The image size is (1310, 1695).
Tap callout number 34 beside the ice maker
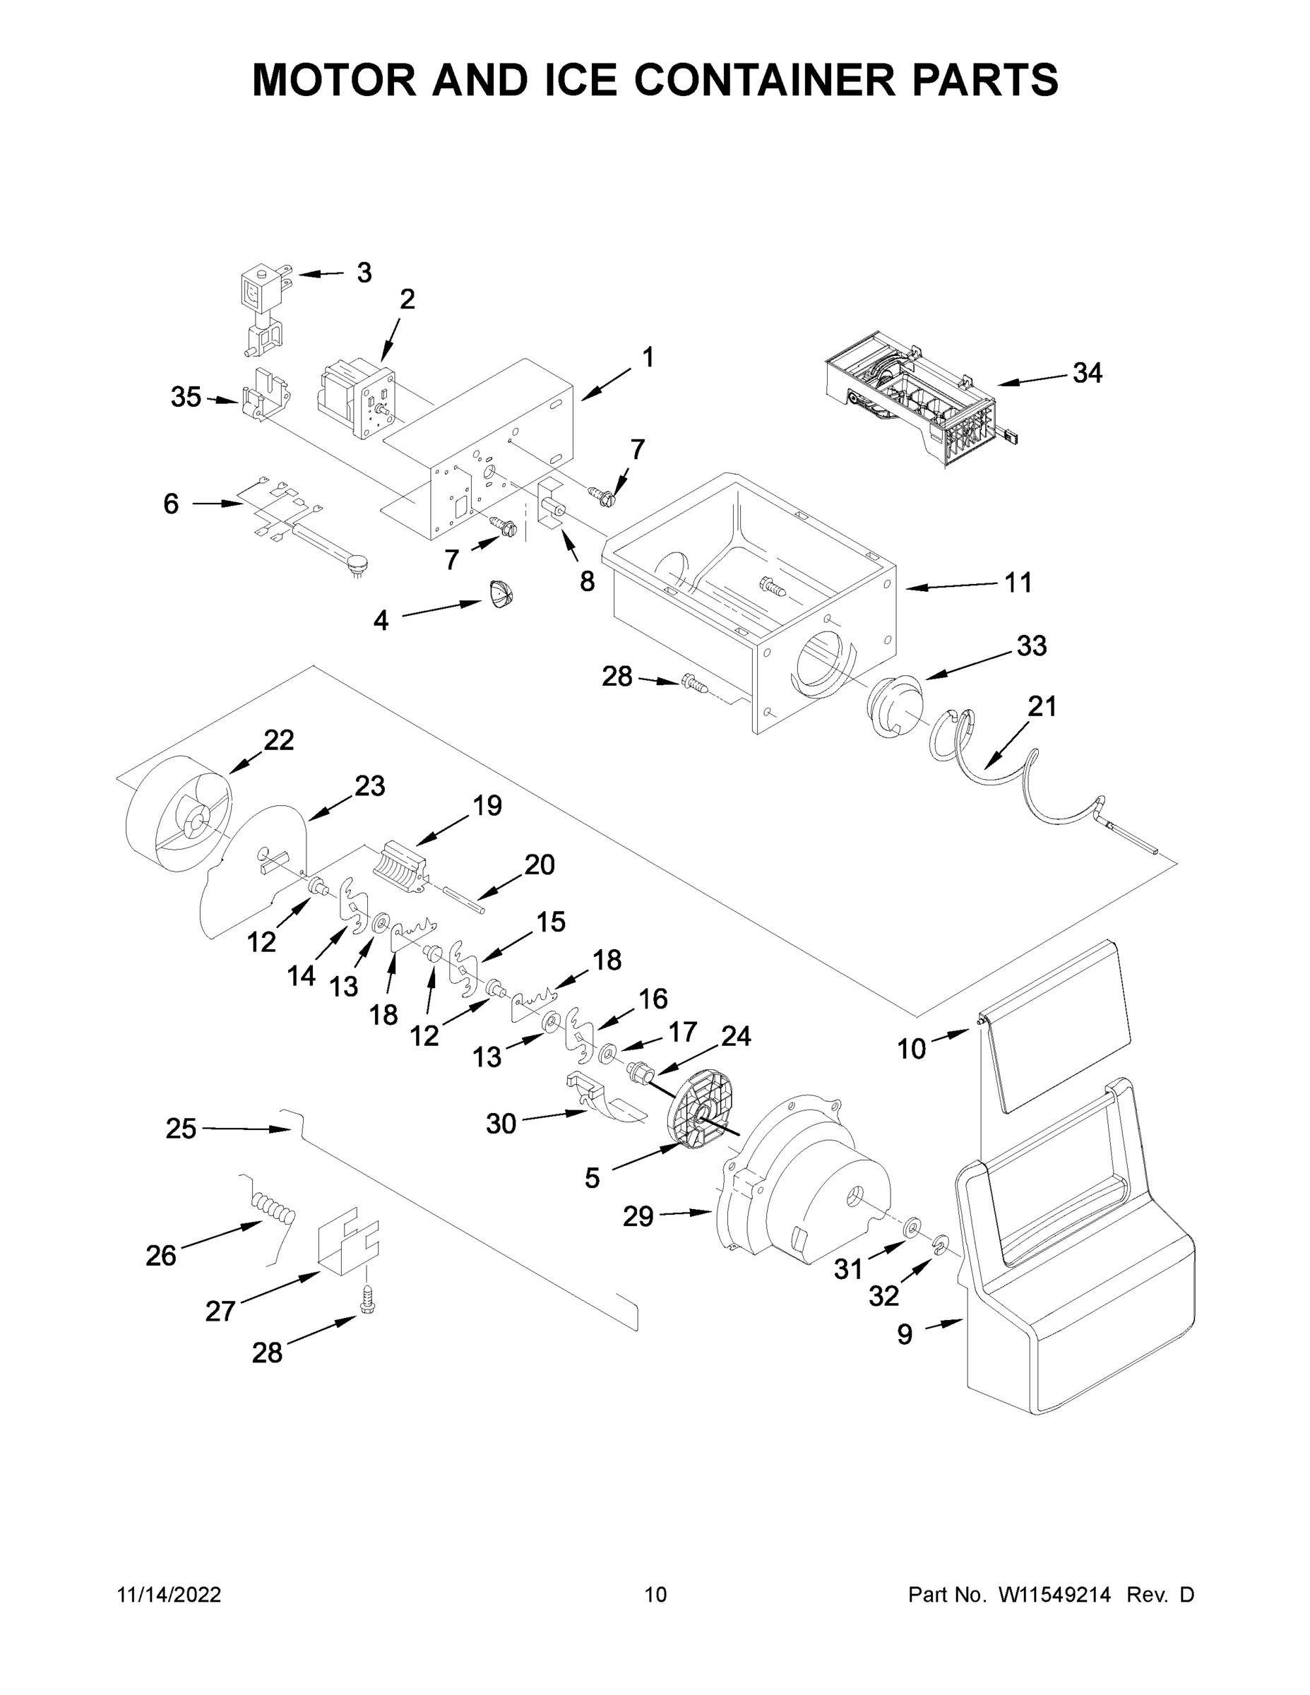[x=1087, y=374]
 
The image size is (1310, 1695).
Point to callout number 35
[x=186, y=397]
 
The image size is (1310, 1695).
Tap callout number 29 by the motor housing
[x=638, y=1216]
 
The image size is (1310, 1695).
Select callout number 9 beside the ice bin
[x=904, y=1334]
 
